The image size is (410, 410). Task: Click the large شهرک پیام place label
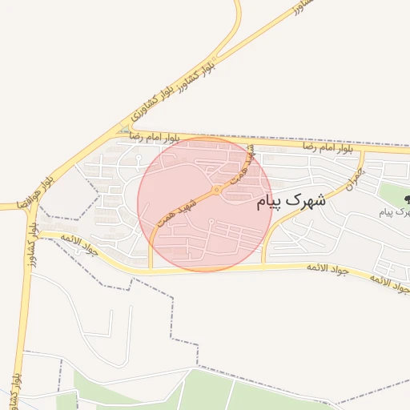pyautogui.click(x=291, y=202)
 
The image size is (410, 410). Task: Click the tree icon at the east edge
pyautogui.click(x=407, y=199)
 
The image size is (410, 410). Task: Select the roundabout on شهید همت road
pyautogui.click(x=217, y=191)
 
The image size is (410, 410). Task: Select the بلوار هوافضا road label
pyautogui.click(x=38, y=183)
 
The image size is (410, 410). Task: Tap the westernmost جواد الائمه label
pyautogui.click(x=78, y=246)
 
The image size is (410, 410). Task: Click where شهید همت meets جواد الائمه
pyautogui.click(x=151, y=269)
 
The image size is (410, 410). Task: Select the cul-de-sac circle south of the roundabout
pyautogui.click(x=210, y=222)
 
